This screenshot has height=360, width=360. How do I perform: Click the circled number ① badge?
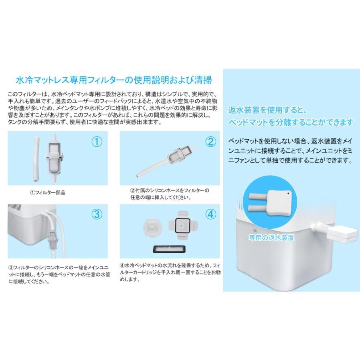97,142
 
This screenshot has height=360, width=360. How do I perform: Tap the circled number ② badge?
210,142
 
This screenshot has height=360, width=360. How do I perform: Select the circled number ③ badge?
97,214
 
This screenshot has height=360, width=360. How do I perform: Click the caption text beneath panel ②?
170,194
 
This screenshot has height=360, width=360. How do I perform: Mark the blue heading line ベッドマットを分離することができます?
291,122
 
